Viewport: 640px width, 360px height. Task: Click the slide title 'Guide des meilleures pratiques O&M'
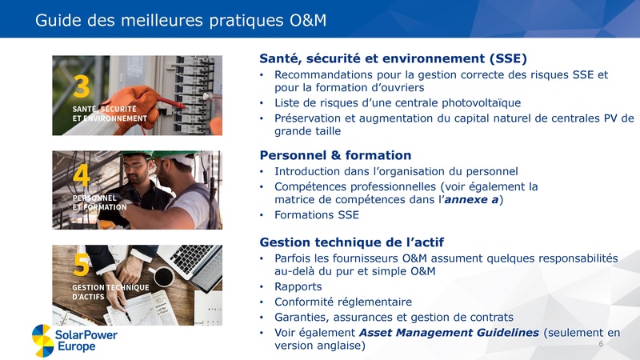click(181, 20)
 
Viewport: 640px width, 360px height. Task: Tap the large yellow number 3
click(82, 86)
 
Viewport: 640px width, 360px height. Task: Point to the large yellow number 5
click(82, 264)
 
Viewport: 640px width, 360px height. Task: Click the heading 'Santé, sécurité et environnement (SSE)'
click(393, 58)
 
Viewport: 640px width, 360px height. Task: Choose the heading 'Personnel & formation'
click(336, 155)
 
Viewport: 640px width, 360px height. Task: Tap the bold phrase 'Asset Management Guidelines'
click(450, 332)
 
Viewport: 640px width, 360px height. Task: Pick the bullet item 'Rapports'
click(298, 286)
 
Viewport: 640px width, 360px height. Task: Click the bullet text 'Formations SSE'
click(317, 215)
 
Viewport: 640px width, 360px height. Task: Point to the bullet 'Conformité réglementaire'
click(343, 302)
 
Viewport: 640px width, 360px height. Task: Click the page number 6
click(601, 342)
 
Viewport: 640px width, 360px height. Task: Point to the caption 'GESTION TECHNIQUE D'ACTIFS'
click(110, 292)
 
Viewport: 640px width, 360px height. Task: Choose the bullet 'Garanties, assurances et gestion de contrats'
click(394, 317)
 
